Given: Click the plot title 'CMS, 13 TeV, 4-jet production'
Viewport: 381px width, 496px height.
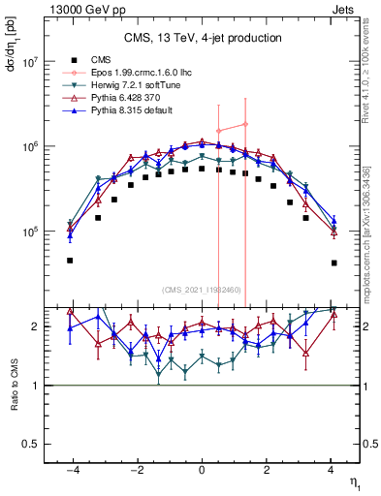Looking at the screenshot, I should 203,38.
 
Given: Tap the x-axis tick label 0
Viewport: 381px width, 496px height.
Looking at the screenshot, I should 202,471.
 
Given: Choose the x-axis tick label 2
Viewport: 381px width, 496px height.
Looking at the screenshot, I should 267,471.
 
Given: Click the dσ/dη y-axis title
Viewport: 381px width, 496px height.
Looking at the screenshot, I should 12,44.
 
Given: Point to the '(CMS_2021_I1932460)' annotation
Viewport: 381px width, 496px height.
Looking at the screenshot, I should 201,290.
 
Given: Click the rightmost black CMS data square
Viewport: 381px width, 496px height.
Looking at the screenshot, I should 333,263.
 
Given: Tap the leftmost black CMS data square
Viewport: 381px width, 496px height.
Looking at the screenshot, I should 70,261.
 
